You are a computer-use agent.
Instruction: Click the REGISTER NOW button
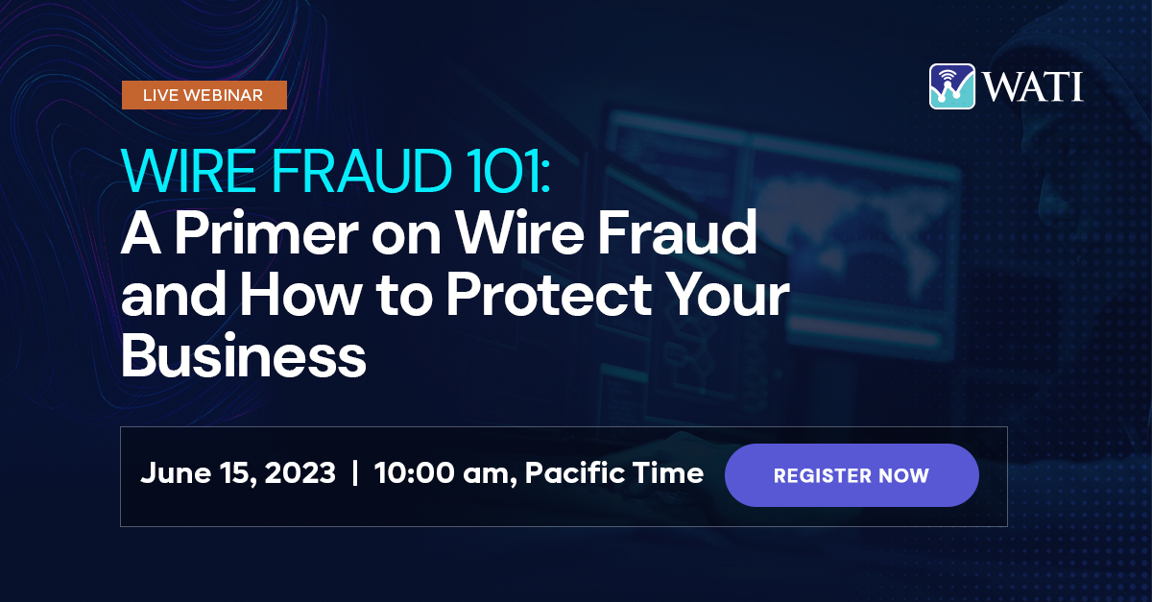tap(852, 475)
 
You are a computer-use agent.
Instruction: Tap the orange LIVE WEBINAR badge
tap(204, 95)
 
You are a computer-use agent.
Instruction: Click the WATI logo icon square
tap(952, 85)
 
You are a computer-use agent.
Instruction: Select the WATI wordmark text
tap(1033, 86)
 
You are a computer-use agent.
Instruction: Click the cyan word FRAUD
tap(362, 170)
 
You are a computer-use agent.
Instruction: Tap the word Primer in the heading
tap(267, 233)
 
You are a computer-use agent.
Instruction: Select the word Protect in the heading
tap(549, 295)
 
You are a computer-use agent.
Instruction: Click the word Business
tap(243, 355)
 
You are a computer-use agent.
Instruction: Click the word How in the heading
tap(300, 295)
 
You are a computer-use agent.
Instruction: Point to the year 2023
tap(300, 472)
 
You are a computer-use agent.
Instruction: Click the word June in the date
tap(176, 472)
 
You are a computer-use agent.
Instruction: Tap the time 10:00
tap(415, 472)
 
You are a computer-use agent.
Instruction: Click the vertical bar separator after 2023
tap(355, 472)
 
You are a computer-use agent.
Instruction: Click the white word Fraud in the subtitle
tap(678, 233)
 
